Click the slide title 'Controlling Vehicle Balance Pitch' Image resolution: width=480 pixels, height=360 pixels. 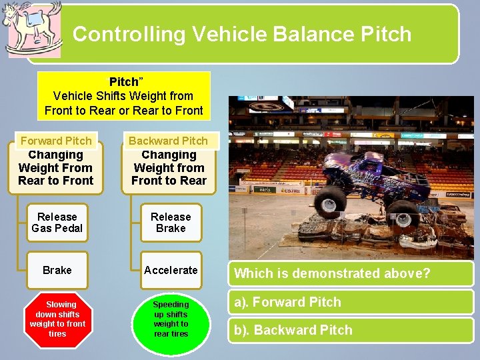click(242, 34)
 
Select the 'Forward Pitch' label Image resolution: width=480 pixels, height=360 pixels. click(56, 141)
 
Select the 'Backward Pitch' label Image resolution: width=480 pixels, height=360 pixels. click(168, 141)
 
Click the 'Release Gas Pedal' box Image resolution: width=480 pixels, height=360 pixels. click(57, 223)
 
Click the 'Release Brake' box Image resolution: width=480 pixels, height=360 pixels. click(171, 223)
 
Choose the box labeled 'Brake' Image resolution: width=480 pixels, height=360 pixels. click(57, 270)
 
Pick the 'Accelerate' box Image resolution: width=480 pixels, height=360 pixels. click(171, 270)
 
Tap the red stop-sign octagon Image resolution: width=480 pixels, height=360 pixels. click(57, 319)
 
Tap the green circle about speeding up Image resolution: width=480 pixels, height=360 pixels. click(171, 319)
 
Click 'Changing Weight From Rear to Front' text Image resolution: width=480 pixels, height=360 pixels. click(56, 168)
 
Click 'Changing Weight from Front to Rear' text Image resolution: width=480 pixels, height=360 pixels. click(169, 168)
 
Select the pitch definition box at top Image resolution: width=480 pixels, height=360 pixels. click(123, 96)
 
